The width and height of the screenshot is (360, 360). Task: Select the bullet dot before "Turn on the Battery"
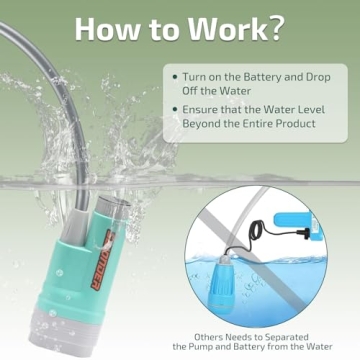(x=176, y=77)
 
